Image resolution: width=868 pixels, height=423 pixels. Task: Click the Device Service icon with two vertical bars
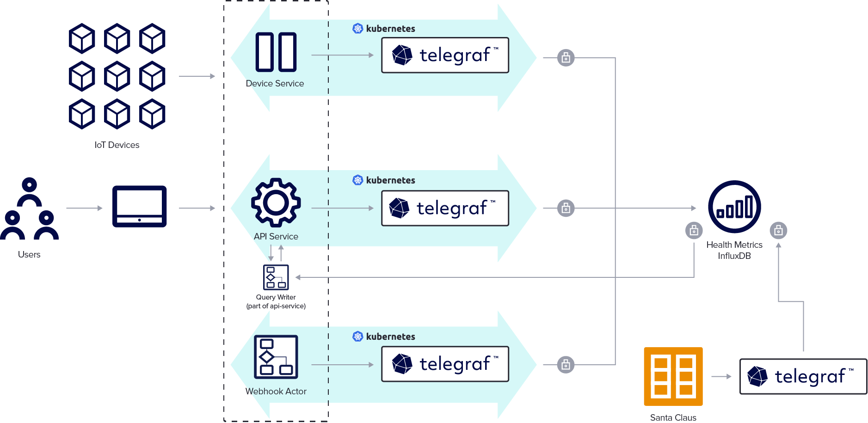[x=276, y=52]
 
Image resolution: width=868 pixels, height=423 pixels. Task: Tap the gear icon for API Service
[x=276, y=202]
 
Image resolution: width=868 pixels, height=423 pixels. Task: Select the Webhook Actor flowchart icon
[x=276, y=357]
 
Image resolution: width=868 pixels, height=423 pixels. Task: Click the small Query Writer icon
[x=276, y=277]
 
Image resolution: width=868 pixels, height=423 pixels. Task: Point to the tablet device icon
[x=140, y=206]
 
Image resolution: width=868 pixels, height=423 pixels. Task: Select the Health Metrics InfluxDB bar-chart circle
[x=734, y=207]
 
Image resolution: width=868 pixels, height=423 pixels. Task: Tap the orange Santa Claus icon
[x=673, y=376]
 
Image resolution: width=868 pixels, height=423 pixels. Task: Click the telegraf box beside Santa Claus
[x=803, y=376]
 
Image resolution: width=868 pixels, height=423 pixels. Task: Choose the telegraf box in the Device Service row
[x=445, y=55]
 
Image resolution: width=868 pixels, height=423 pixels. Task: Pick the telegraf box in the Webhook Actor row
[x=445, y=364]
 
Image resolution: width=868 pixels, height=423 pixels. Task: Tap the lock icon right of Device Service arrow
[x=566, y=58]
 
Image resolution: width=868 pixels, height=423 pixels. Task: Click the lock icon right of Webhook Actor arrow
[x=566, y=365]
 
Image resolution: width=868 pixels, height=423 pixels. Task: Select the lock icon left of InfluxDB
[x=694, y=230]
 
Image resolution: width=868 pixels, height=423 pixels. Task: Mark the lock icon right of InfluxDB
[x=778, y=230]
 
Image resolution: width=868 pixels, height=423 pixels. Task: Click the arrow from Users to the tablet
[x=84, y=208]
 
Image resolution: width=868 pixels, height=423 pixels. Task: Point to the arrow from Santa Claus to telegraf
[x=721, y=376]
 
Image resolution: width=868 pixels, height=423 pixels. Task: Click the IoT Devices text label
[x=117, y=145]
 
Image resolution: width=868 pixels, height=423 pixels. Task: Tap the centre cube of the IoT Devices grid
[x=117, y=76]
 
